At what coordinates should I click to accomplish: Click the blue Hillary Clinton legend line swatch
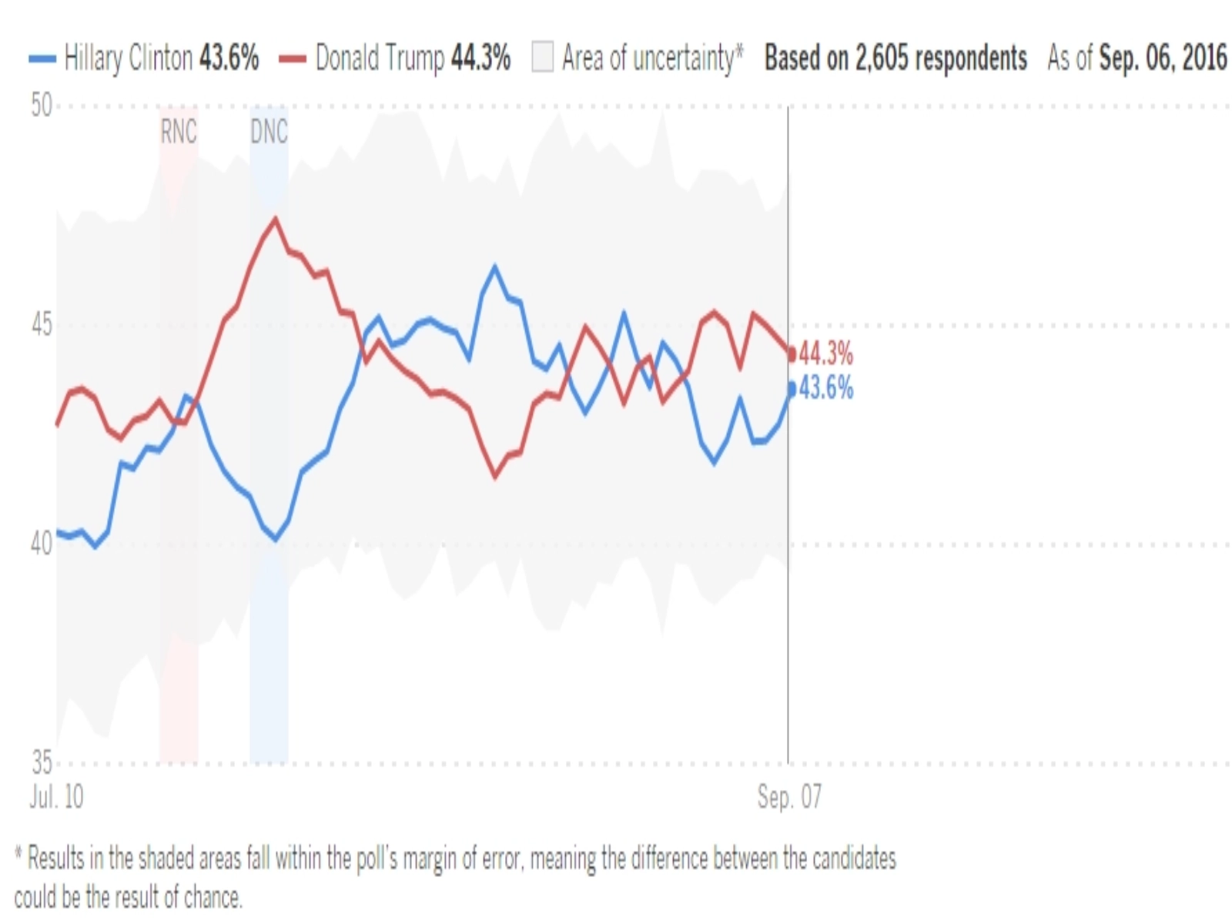[x=42, y=59]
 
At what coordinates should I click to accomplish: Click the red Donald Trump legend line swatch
[x=293, y=59]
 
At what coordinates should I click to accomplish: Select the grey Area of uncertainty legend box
[x=542, y=59]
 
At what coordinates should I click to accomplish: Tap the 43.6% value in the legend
[x=229, y=59]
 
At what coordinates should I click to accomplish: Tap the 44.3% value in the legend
[x=480, y=59]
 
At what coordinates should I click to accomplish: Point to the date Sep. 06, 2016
[x=1163, y=59]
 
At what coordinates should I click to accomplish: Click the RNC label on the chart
[x=179, y=132]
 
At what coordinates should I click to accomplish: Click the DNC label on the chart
[x=269, y=132]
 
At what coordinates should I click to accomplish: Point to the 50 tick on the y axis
[x=42, y=106]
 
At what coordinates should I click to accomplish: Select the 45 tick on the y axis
[x=42, y=325]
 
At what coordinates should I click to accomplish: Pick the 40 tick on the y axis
[x=42, y=544]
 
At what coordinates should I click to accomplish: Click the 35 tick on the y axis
[x=42, y=763]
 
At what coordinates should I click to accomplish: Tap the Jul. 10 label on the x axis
[x=56, y=797]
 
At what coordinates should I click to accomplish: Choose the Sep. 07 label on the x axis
[x=789, y=797]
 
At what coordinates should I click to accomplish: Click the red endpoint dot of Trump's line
[x=791, y=355]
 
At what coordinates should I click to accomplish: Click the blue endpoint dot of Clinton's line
[x=791, y=389]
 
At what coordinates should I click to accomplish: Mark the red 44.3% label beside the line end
[x=826, y=354]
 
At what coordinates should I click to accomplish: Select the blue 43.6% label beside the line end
[x=826, y=388]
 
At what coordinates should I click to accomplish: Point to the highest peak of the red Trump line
[x=275, y=219]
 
